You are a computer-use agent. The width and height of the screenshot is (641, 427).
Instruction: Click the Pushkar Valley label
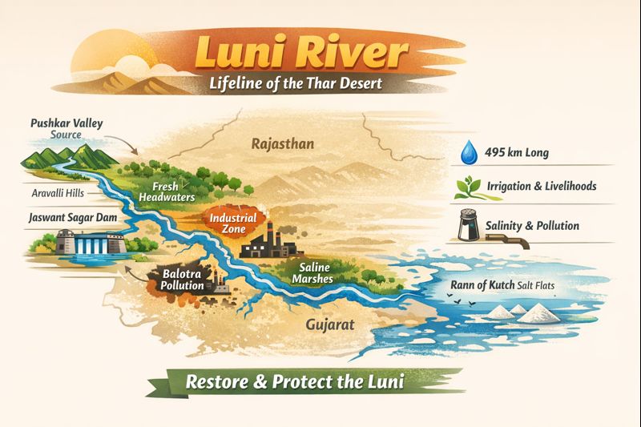[x=67, y=124]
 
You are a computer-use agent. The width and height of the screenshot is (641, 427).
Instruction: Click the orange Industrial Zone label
[x=232, y=223]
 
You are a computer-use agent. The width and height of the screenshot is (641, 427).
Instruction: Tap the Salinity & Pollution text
[x=532, y=225]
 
